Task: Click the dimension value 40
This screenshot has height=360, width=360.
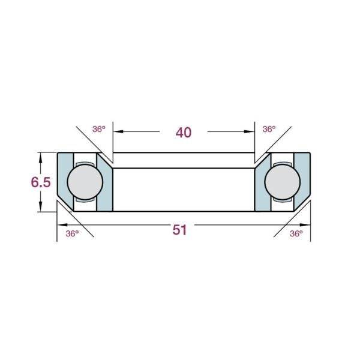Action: tap(184, 133)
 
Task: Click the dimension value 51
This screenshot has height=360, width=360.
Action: tap(180, 230)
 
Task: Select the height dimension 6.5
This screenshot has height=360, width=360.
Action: tap(41, 182)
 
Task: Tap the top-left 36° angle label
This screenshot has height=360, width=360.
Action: tap(99, 129)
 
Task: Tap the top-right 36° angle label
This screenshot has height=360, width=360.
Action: tap(269, 129)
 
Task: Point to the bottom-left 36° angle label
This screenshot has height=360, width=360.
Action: tap(72, 233)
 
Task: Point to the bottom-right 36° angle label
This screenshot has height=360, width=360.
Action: tap(296, 233)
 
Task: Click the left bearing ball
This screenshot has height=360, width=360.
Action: tap(85, 182)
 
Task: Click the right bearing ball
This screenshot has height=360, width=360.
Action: tap(283, 182)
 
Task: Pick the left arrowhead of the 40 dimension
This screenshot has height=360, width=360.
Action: tap(118, 131)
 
